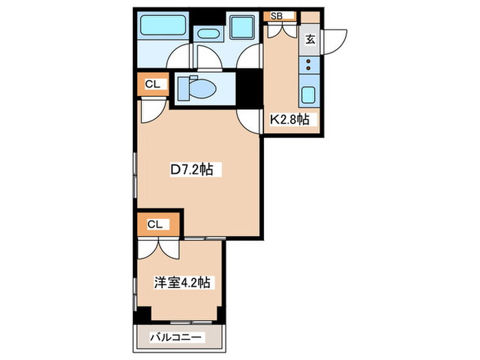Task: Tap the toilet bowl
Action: (x=202, y=88)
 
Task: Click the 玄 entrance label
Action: (x=310, y=39)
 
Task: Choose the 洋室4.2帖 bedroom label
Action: (x=182, y=282)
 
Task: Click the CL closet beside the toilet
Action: (x=152, y=84)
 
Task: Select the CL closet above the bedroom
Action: (x=156, y=224)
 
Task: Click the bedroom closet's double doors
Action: (x=159, y=247)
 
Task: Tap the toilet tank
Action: (x=182, y=88)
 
